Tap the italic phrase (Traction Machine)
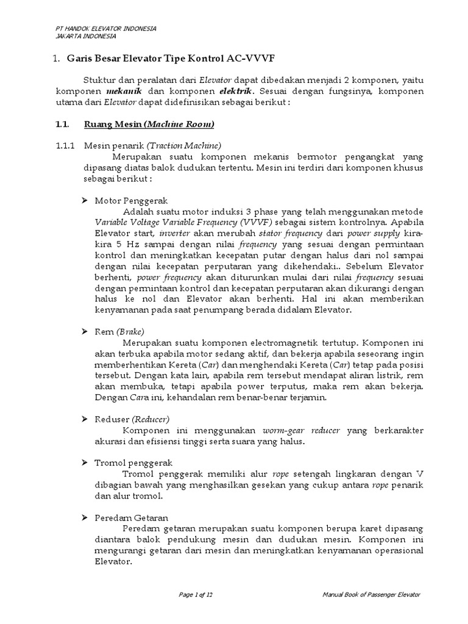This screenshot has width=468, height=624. [184, 146]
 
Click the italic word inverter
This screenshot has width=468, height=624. [174, 233]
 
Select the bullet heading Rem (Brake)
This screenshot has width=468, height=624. [119, 331]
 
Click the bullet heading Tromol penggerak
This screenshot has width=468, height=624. [133, 463]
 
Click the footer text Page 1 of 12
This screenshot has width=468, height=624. [196, 595]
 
